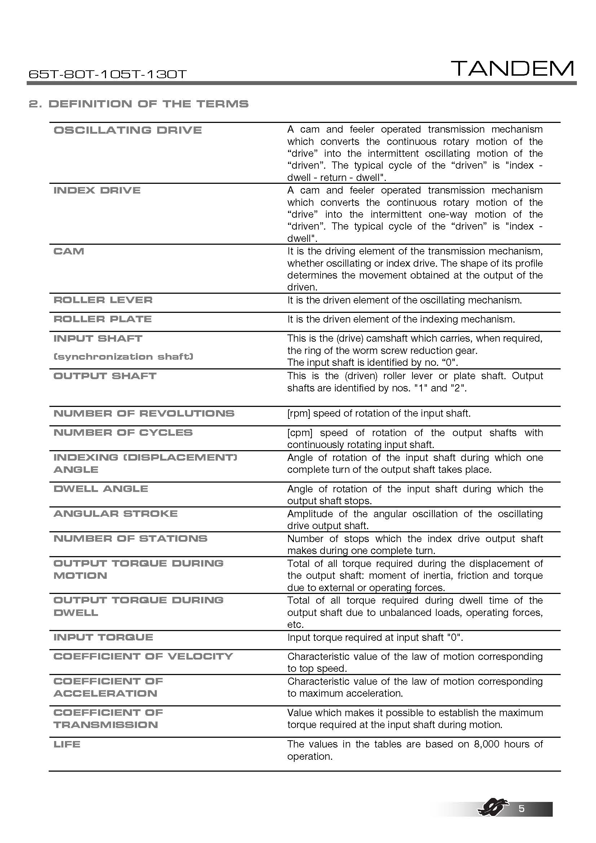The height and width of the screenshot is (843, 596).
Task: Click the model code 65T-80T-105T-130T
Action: point(107,75)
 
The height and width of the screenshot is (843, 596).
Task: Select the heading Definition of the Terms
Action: point(138,104)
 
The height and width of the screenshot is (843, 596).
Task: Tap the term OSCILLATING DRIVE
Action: point(127,130)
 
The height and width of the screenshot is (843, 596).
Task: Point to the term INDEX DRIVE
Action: point(97,191)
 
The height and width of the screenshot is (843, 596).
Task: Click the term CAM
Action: point(69,252)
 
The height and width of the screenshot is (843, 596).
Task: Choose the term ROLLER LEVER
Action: point(103,300)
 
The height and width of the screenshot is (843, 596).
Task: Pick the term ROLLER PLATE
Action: point(102,319)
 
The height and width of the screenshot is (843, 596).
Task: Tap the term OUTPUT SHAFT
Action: point(105,376)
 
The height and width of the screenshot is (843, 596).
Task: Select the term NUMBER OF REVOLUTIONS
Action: point(144,413)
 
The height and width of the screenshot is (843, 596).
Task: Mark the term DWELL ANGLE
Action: point(101,489)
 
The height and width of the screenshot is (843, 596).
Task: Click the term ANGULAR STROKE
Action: point(115,514)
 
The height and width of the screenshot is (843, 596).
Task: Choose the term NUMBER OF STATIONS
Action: point(131,538)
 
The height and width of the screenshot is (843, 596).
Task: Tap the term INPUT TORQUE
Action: point(103,638)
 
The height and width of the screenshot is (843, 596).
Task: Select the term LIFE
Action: point(67,745)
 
